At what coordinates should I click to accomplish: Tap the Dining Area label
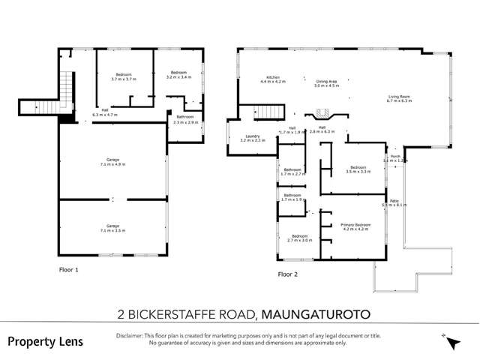pyautogui.click(x=326, y=83)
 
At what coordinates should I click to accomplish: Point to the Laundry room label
pyautogui.click(x=250, y=138)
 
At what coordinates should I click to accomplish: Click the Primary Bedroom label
pyautogui.click(x=355, y=227)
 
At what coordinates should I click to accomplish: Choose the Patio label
pyautogui.click(x=394, y=202)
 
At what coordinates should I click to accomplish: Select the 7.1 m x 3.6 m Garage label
pyautogui.click(x=112, y=228)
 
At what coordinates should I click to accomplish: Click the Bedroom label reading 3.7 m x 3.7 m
pyautogui.click(x=123, y=76)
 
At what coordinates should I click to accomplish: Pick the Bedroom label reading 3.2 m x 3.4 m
pyautogui.click(x=178, y=75)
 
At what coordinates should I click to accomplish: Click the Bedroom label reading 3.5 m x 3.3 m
pyautogui.click(x=357, y=169)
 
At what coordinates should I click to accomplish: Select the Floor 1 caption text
pyautogui.click(x=68, y=268)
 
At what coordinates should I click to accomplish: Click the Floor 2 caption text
pyautogui.click(x=288, y=274)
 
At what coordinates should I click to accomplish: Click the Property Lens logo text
pyautogui.click(x=46, y=341)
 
